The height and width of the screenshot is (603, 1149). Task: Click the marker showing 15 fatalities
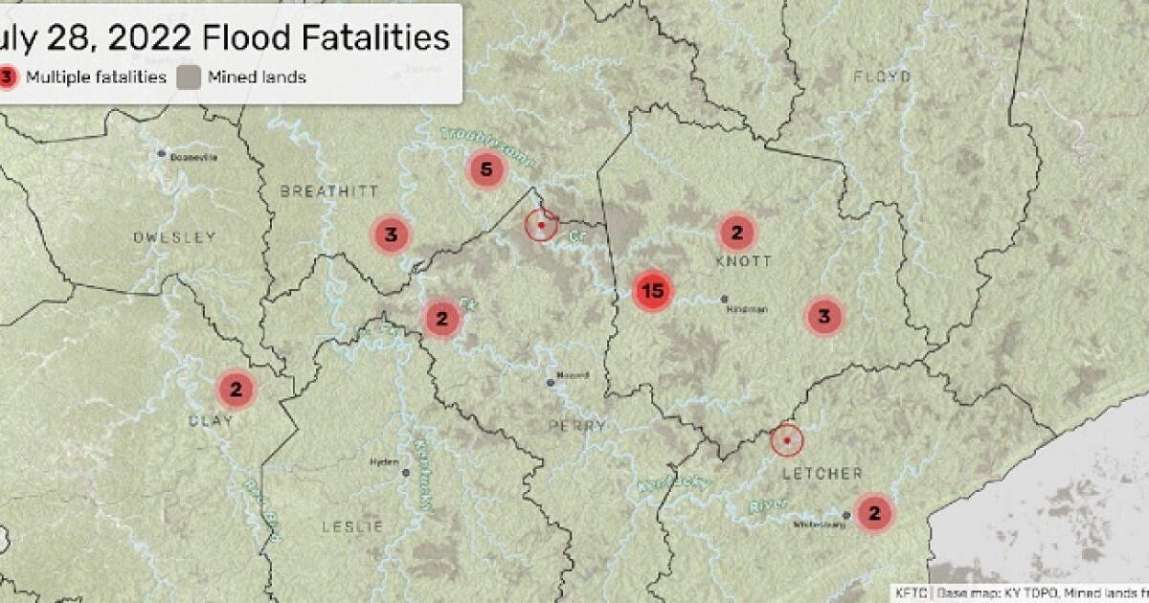[x=654, y=291]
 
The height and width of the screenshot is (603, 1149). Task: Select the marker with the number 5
[x=485, y=171]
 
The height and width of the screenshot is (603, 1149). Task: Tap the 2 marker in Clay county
[x=236, y=389]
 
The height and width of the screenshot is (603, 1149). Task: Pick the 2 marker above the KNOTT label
[x=736, y=232]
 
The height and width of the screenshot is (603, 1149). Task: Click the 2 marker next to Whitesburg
[x=873, y=513]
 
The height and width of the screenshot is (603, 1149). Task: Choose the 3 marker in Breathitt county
[x=391, y=234]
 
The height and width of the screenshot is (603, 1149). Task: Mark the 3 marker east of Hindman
[x=823, y=315]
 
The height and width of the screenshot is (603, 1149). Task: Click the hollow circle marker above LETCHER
[x=787, y=440]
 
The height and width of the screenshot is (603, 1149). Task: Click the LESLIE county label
[x=352, y=526]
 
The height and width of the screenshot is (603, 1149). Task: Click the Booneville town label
[x=193, y=156]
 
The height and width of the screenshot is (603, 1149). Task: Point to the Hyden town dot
[x=406, y=472]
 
